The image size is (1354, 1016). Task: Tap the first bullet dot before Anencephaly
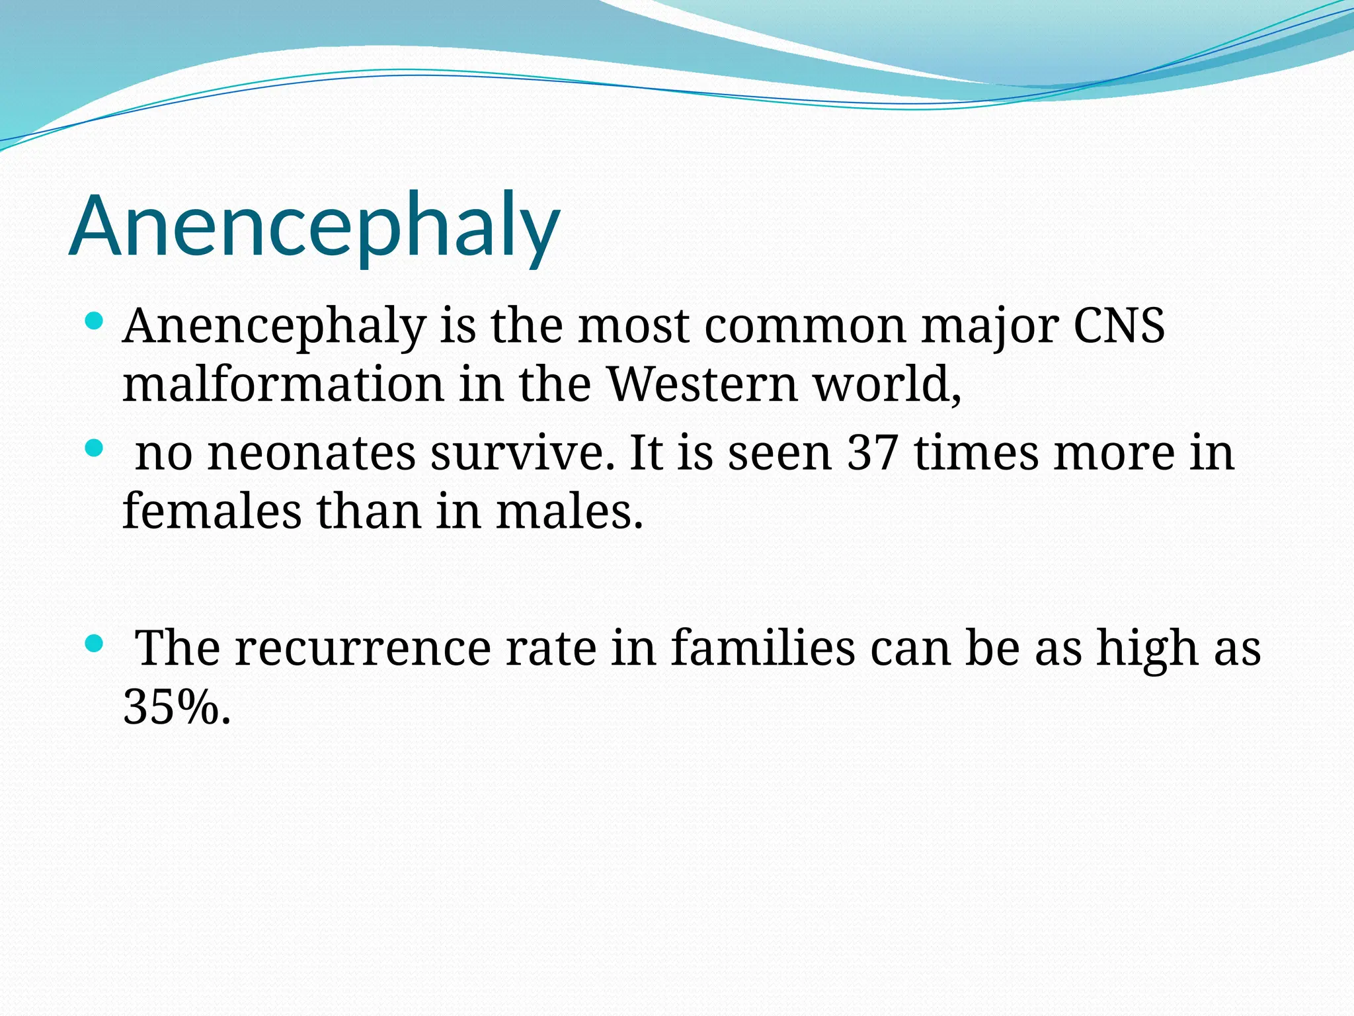[95, 322]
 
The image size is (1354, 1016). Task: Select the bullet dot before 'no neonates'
[95, 449]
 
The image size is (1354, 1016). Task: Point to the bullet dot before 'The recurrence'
[95, 643]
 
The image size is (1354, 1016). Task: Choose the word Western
[702, 384]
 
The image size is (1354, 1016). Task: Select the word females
[212, 512]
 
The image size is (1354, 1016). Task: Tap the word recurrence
[362, 648]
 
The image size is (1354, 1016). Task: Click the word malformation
[283, 384]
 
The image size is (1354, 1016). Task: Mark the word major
[990, 327]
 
